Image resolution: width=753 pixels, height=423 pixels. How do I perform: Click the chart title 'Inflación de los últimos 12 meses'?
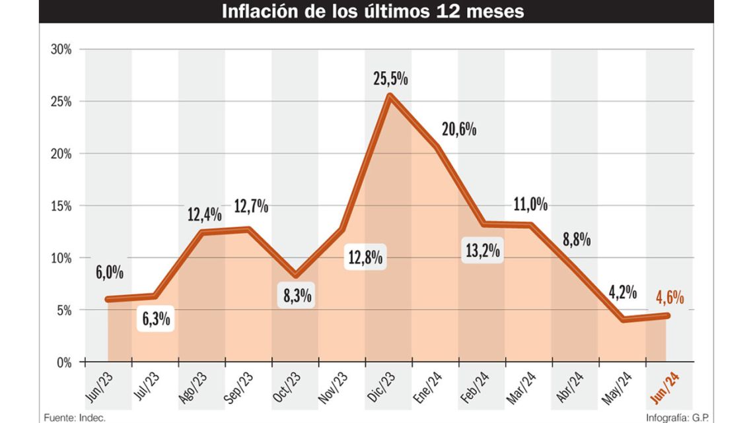coord(374,11)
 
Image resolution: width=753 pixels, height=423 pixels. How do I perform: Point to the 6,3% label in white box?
coord(156,319)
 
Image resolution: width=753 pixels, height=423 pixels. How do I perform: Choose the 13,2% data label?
coord(482,250)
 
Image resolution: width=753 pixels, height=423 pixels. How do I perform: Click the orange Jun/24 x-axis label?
coord(664,385)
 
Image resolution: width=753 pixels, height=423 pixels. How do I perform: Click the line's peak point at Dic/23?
coord(390,96)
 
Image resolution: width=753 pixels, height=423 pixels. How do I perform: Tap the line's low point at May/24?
coord(622,319)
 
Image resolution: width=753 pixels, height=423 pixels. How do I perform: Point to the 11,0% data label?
coord(530,205)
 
